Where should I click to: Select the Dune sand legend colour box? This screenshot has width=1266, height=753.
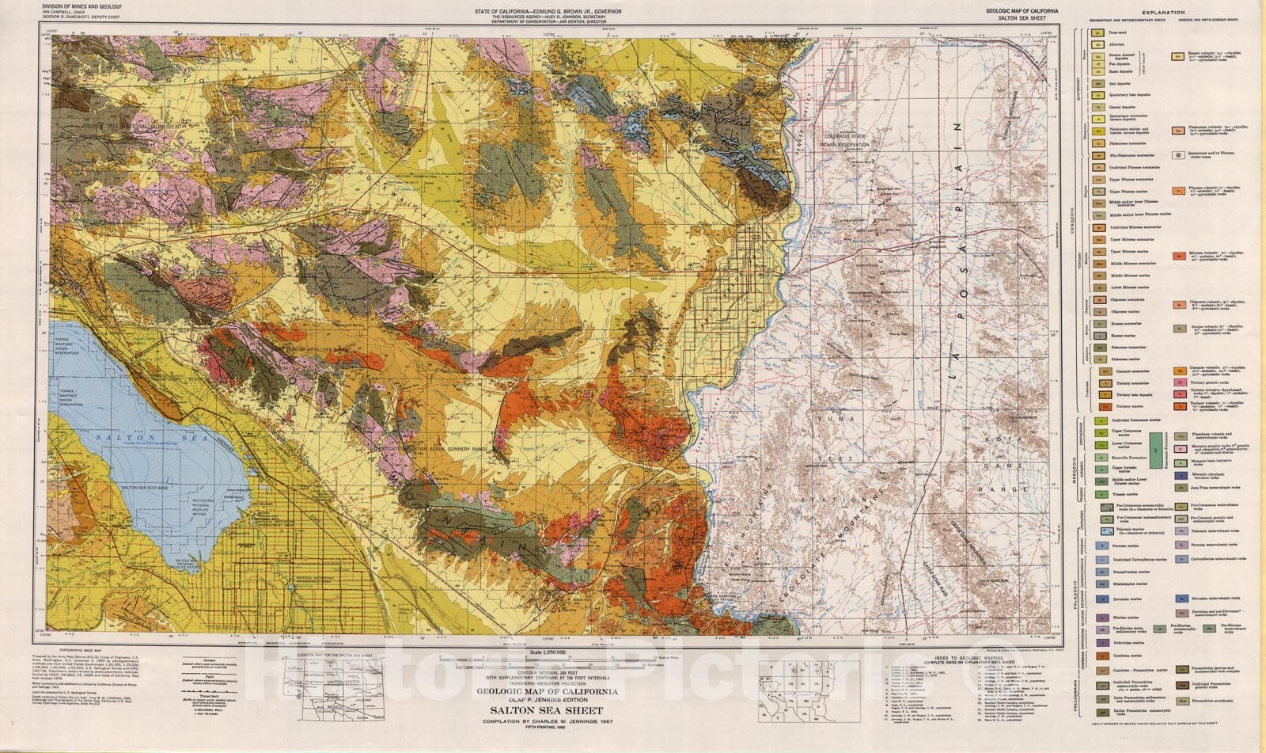[x=1099, y=33]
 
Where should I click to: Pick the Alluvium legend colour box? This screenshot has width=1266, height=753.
[x=1099, y=46]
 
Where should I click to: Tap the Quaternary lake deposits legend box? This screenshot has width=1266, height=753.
[x=1099, y=95]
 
